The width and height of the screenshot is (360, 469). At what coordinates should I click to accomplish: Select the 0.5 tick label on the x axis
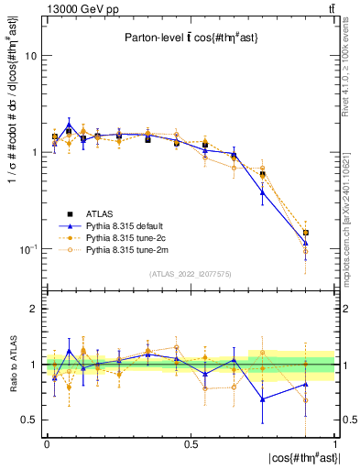click(191, 443)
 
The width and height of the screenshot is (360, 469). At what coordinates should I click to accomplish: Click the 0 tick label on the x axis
click(47, 443)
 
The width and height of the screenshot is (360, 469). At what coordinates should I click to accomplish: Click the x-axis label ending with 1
click(335, 443)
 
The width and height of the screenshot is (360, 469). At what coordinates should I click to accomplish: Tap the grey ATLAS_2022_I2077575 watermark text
click(191, 273)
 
